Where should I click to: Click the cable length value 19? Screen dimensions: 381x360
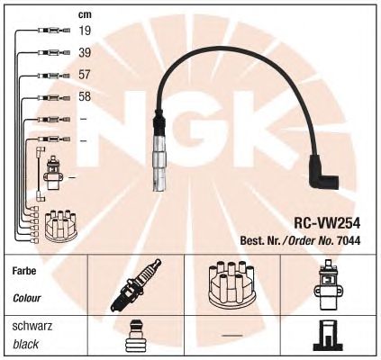pos(85,31)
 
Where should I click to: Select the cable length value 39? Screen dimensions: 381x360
pos(85,52)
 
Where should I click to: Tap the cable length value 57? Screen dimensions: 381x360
pos(85,75)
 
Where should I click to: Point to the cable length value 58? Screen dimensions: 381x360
pos(85,96)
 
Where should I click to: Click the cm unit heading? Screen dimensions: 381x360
pos(85,14)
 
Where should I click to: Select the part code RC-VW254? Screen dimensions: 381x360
pos(327,223)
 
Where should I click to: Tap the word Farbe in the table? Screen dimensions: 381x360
pos(24,271)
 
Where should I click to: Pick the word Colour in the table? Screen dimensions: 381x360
pos(27,298)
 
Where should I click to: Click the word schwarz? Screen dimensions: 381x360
pos(32,326)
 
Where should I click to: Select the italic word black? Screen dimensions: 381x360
pos(25,344)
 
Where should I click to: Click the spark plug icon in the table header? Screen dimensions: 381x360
pos(136,284)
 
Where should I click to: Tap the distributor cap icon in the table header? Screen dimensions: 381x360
pos(231,284)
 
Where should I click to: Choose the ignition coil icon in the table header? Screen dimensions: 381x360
pos(328,284)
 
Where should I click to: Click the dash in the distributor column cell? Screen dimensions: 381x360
pos(232,335)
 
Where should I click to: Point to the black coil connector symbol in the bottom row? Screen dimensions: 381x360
pos(328,336)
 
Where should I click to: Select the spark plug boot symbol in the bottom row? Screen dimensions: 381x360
pos(136,336)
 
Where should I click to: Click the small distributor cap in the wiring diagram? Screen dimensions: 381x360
pos(61,226)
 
